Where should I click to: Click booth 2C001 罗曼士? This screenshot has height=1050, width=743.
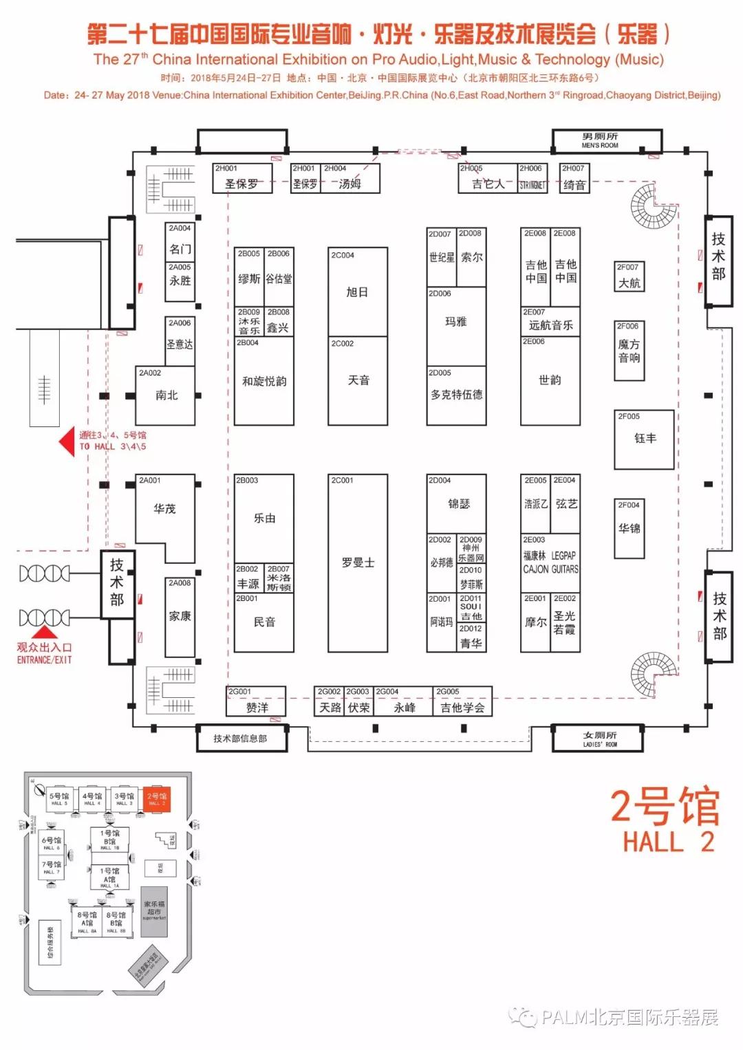coord(358,562)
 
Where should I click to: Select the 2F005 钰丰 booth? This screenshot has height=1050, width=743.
coord(644,439)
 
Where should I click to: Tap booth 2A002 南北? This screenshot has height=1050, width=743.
coord(166,395)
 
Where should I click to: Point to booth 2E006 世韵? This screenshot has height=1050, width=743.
coord(550,380)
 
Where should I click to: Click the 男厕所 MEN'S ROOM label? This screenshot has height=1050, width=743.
coord(600,141)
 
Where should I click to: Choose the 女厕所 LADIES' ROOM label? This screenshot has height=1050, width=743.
coord(599,739)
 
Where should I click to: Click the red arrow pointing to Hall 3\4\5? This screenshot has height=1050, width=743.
coord(67,441)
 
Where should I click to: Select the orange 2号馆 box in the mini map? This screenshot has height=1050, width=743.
coord(157,799)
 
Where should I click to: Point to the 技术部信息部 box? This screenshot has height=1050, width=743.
coord(240,739)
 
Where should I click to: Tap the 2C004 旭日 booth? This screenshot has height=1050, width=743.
coord(357,292)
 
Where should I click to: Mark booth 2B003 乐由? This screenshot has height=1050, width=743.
coord(264,518)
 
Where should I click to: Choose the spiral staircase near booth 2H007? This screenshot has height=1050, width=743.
coord(653,205)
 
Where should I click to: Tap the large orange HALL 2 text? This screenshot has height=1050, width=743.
coord(666,842)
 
